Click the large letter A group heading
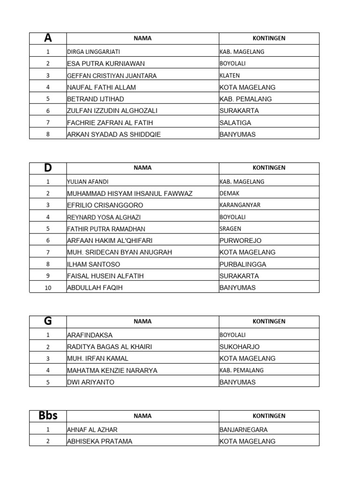(x=48, y=38)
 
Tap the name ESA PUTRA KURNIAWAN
(x=106, y=64)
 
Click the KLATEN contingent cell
(x=230, y=75)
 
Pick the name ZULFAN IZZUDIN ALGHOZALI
(x=112, y=111)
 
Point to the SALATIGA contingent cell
(x=235, y=122)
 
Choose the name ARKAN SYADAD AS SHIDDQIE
(x=114, y=135)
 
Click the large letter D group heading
(x=48, y=168)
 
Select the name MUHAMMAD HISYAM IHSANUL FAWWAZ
(x=130, y=194)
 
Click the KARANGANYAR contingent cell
(x=240, y=205)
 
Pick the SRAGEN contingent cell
(x=231, y=229)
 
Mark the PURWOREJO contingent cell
(x=240, y=240)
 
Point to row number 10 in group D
(x=48, y=288)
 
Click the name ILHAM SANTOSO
(x=94, y=264)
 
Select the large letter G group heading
(x=48, y=322)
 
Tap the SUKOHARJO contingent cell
(x=240, y=347)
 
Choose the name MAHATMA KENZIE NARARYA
(x=112, y=370)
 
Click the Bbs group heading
(x=48, y=416)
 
